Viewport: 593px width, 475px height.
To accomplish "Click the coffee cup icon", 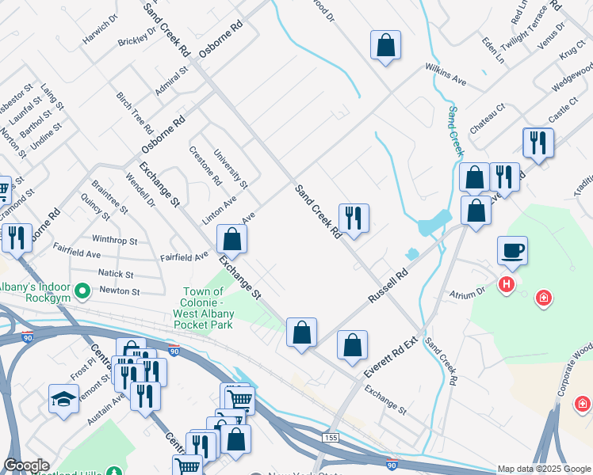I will [x=512, y=251].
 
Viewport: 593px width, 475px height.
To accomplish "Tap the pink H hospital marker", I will [x=504, y=283].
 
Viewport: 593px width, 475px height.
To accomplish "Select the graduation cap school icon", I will [x=63, y=398].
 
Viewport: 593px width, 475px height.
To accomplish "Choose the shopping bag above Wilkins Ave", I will [x=385, y=46].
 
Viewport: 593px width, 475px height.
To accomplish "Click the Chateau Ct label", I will [x=487, y=118].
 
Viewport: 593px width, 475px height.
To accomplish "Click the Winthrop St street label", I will [x=114, y=239].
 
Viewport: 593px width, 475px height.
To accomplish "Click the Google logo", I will [x=25, y=465].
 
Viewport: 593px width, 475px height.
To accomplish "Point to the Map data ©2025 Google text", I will [x=544, y=469].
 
